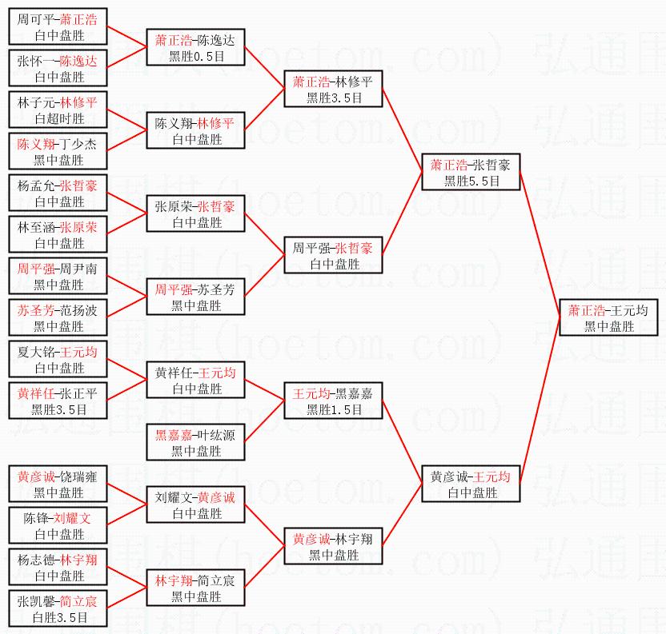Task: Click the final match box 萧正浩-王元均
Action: click(x=609, y=317)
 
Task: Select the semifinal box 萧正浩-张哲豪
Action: click(x=471, y=173)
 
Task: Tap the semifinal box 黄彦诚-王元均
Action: click(x=471, y=484)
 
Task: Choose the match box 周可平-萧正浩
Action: click(x=58, y=27)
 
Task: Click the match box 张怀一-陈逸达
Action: click(x=58, y=69)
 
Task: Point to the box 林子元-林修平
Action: click(x=58, y=110)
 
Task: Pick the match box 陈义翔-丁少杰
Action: click(x=58, y=152)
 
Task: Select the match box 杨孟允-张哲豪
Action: click(x=58, y=193)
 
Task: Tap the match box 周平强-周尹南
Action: click(x=58, y=277)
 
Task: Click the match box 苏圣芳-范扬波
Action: click(x=58, y=318)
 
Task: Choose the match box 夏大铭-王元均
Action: click(x=58, y=360)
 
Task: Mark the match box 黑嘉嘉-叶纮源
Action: click(x=195, y=443)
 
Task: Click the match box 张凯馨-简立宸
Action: click(x=58, y=609)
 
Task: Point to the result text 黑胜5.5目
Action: click(x=471, y=181)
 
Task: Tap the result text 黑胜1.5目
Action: click(x=334, y=409)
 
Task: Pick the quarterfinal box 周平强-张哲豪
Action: click(x=334, y=256)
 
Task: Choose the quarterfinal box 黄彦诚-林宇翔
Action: click(x=334, y=546)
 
